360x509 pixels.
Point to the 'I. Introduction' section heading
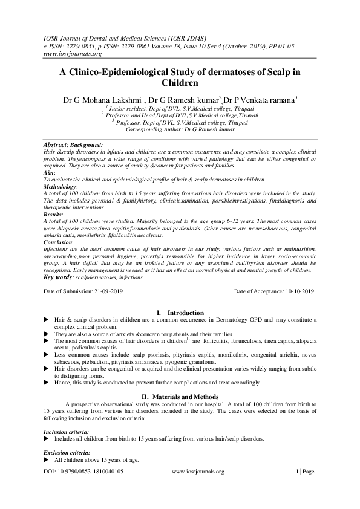coord(180,313)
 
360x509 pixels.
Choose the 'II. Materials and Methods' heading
coord(180,395)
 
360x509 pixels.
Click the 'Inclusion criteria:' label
coord(67,432)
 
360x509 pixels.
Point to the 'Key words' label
coord(59,277)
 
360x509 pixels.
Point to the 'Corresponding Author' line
coord(180,129)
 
